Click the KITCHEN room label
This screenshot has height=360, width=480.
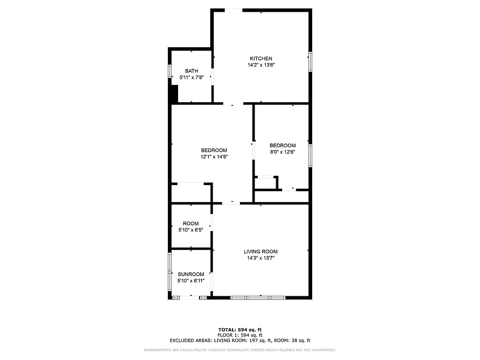pyautogui.click(x=261, y=59)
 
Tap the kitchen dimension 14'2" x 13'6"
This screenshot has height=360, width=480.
pyautogui.click(x=261, y=65)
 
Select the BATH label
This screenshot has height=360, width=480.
pyautogui.click(x=191, y=71)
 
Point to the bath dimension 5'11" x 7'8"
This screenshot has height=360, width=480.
pyautogui.click(x=191, y=77)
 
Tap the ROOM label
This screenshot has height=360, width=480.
pyautogui.click(x=191, y=224)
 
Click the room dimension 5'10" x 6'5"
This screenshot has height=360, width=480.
pyautogui.click(x=191, y=230)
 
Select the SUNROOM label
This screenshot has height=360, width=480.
pyautogui.click(x=191, y=274)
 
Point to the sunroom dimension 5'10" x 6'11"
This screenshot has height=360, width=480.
pyautogui.click(x=191, y=281)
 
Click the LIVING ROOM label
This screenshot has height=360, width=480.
pyautogui.click(x=261, y=252)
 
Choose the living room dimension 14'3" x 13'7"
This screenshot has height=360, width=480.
pyautogui.click(x=261, y=258)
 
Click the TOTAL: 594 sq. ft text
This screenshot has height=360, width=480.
pyautogui.click(x=240, y=330)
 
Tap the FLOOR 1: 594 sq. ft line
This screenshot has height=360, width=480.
pyautogui.click(x=240, y=335)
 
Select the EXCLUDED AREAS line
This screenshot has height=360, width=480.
pyautogui.click(x=240, y=341)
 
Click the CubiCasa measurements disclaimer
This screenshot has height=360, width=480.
pyautogui.click(x=240, y=350)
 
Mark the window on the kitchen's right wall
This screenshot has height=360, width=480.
pyautogui.click(x=310, y=62)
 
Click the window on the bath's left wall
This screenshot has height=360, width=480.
pyautogui.click(x=170, y=73)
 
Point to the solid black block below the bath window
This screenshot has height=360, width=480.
pyautogui.click(x=173, y=94)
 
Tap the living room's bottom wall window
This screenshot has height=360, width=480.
pyautogui.click(x=258, y=297)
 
